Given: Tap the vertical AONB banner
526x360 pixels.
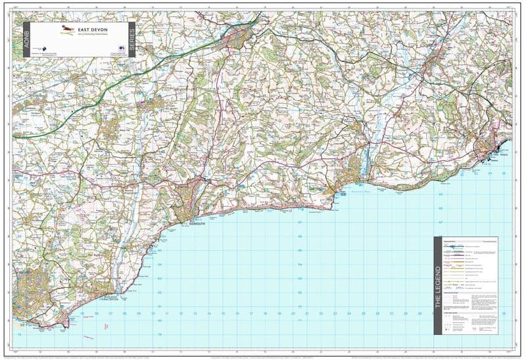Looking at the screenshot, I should click(27, 39).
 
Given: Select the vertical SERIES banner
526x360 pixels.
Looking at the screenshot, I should click(131, 39).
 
